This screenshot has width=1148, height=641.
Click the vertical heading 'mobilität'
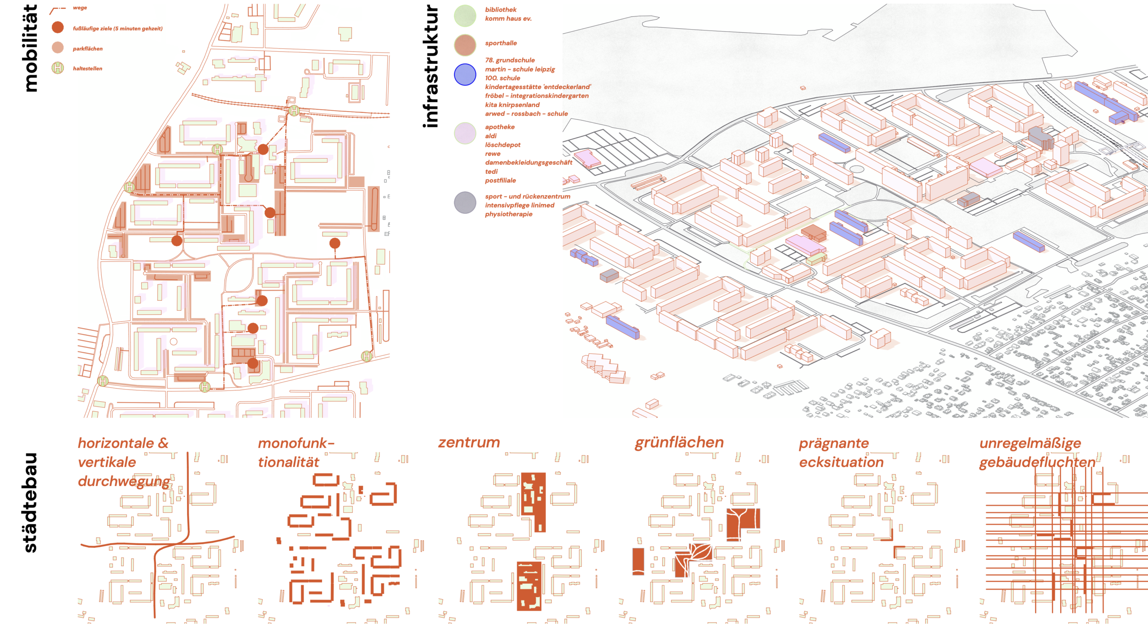(x=30, y=48)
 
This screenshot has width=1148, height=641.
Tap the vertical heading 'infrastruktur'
(x=430, y=66)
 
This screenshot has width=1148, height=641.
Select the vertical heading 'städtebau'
(x=30, y=502)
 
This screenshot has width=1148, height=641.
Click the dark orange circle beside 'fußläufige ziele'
(x=58, y=28)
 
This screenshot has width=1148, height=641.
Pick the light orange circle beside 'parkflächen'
(x=58, y=48)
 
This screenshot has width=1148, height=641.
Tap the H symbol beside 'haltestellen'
(x=58, y=68)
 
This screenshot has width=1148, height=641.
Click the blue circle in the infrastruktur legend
(x=465, y=74)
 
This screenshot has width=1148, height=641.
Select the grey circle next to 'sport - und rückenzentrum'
(x=465, y=203)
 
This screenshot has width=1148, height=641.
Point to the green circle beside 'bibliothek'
(x=465, y=16)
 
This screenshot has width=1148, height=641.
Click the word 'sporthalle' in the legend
(x=501, y=43)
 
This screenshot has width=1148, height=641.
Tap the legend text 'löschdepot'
(x=503, y=145)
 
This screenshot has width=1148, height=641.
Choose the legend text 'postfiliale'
(x=500, y=181)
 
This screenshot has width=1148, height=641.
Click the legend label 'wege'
(x=80, y=8)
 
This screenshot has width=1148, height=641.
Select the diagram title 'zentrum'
(x=469, y=442)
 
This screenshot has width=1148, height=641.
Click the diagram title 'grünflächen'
(x=679, y=443)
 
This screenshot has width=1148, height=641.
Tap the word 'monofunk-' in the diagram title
(x=296, y=443)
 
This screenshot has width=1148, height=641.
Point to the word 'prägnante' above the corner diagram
(x=834, y=444)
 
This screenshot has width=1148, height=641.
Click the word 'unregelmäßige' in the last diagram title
(x=1031, y=444)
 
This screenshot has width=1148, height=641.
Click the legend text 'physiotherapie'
(x=509, y=214)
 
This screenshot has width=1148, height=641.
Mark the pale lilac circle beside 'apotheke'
(x=465, y=133)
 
